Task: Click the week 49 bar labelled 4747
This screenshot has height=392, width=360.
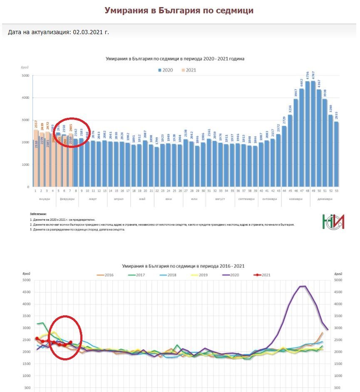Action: point(313,133)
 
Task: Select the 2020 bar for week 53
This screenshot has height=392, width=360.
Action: point(336,154)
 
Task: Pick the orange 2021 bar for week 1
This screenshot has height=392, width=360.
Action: point(36,158)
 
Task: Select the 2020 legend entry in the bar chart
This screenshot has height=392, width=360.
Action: point(166,70)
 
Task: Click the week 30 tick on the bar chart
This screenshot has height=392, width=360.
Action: point(203,190)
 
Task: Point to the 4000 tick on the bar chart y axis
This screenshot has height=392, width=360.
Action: point(25,98)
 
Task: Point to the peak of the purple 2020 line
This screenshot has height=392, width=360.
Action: point(303,286)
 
